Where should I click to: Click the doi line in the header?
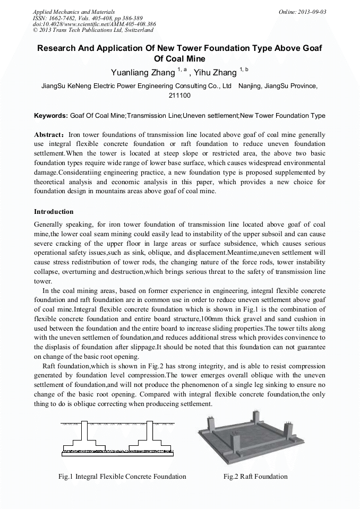(x=94, y=24)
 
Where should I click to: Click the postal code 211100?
(x=180, y=96)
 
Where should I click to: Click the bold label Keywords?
(x=51, y=116)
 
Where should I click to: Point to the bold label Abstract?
(x=49, y=135)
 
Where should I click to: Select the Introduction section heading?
(x=55, y=212)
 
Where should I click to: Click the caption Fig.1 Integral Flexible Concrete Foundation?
(x=122, y=476)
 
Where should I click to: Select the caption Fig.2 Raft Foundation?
(x=255, y=476)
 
